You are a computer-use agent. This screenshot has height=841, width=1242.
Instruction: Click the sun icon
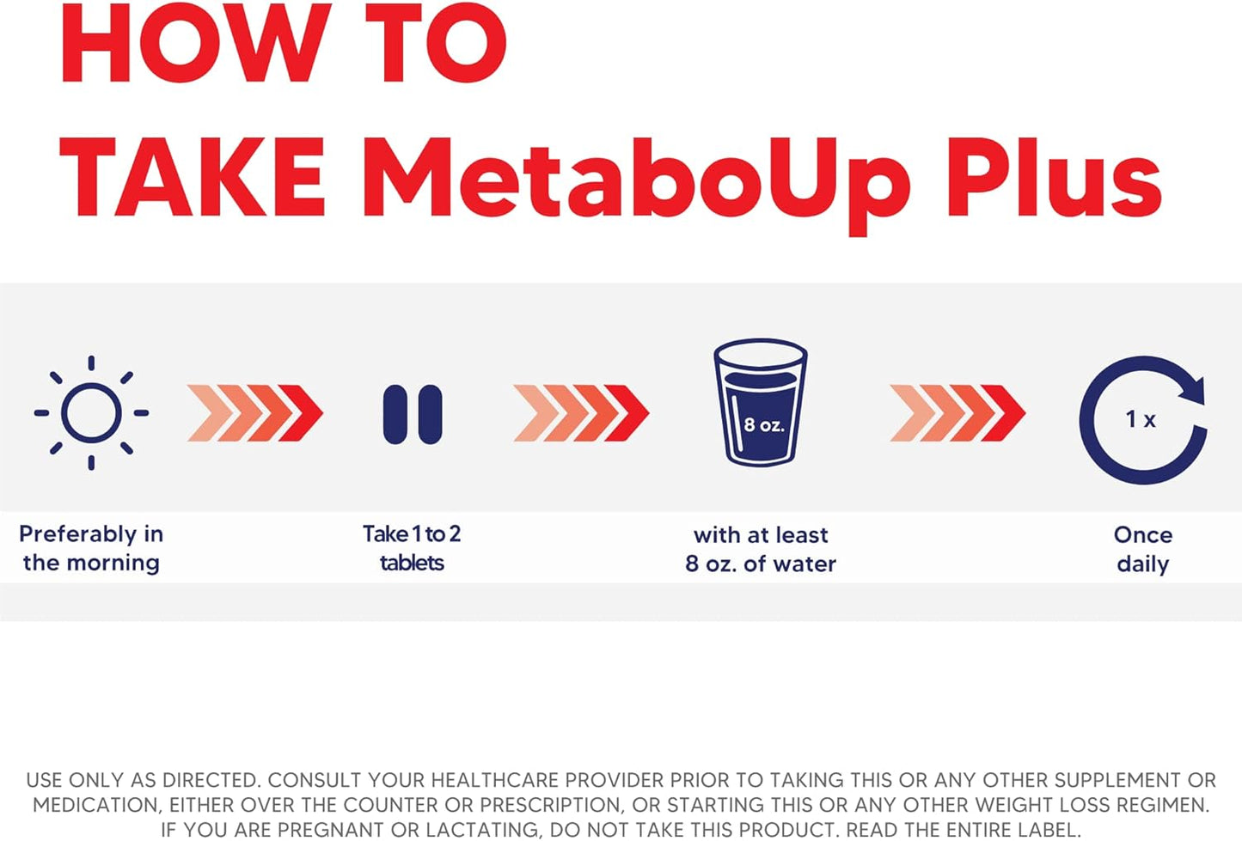(91, 413)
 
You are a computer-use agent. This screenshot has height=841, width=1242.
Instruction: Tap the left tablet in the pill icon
(395, 414)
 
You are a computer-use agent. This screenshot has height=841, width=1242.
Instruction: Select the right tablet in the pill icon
(430, 414)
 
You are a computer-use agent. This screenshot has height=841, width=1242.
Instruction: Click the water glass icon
(761, 402)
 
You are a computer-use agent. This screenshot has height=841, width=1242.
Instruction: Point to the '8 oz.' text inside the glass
(763, 425)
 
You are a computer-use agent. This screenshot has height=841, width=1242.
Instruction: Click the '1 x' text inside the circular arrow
(1141, 419)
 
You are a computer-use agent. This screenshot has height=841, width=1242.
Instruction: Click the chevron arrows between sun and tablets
(255, 413)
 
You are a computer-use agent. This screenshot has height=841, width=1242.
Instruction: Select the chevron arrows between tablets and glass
(581, 413)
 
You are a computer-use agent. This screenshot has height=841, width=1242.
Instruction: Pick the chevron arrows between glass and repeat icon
(958, 413)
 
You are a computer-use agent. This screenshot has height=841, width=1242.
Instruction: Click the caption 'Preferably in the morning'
(91, 548)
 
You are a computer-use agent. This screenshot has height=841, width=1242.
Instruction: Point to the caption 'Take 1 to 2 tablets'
(412, 548)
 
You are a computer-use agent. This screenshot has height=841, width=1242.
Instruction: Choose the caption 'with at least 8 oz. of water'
(761, 549)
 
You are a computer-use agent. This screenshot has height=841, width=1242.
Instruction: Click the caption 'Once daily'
(1142, 549)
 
